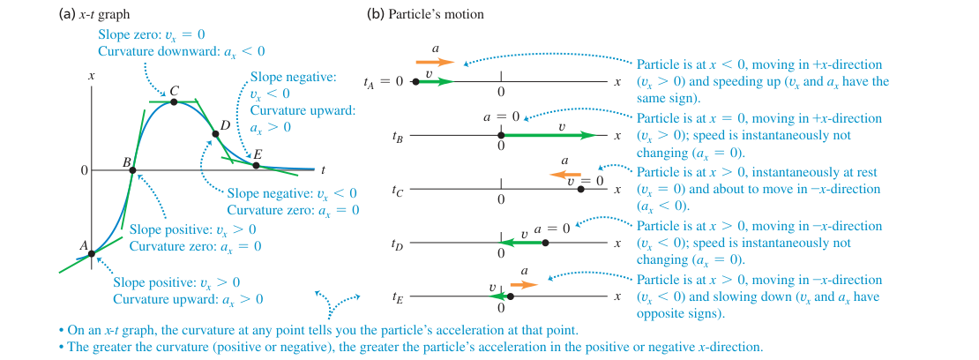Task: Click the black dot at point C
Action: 175,101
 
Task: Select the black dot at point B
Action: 133,169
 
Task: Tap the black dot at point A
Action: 92,253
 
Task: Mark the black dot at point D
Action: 215,134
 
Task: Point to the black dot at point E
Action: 256,165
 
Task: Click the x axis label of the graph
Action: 91,76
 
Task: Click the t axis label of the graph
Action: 323,169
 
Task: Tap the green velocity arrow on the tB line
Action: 549,135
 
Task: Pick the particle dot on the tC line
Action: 581,189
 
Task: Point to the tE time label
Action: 397,298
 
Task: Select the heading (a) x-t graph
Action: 94,14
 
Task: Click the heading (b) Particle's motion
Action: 425,14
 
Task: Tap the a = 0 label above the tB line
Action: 501,116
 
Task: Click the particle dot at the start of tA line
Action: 415,81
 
